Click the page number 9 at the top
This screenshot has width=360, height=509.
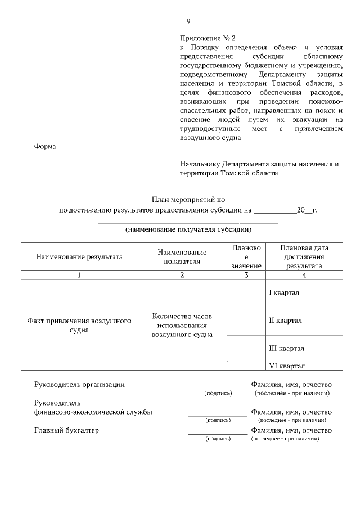click(188, 21)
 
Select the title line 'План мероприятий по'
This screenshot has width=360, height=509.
click(188, 199)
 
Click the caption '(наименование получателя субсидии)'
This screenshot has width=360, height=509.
click(188, 229)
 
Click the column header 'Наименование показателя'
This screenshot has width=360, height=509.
click(182, 257)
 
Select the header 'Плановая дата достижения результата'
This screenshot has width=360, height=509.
click(304, 257)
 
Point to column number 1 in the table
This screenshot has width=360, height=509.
click(79, 275)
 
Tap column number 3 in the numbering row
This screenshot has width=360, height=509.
click(246, 275)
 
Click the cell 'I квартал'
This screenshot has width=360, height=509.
click(284, 293)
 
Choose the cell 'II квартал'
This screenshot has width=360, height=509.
click(285, 321)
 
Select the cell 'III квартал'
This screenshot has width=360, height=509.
click(286, 348)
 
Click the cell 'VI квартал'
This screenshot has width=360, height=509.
click(286, 366)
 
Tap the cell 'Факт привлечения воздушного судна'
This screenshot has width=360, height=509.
click(79, 325)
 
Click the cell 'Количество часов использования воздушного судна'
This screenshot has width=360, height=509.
click(182, 325)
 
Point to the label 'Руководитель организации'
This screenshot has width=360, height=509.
click(79, 385)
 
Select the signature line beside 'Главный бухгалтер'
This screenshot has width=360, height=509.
click(218, 434)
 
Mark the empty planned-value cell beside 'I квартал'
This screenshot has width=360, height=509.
click(246, 292)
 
